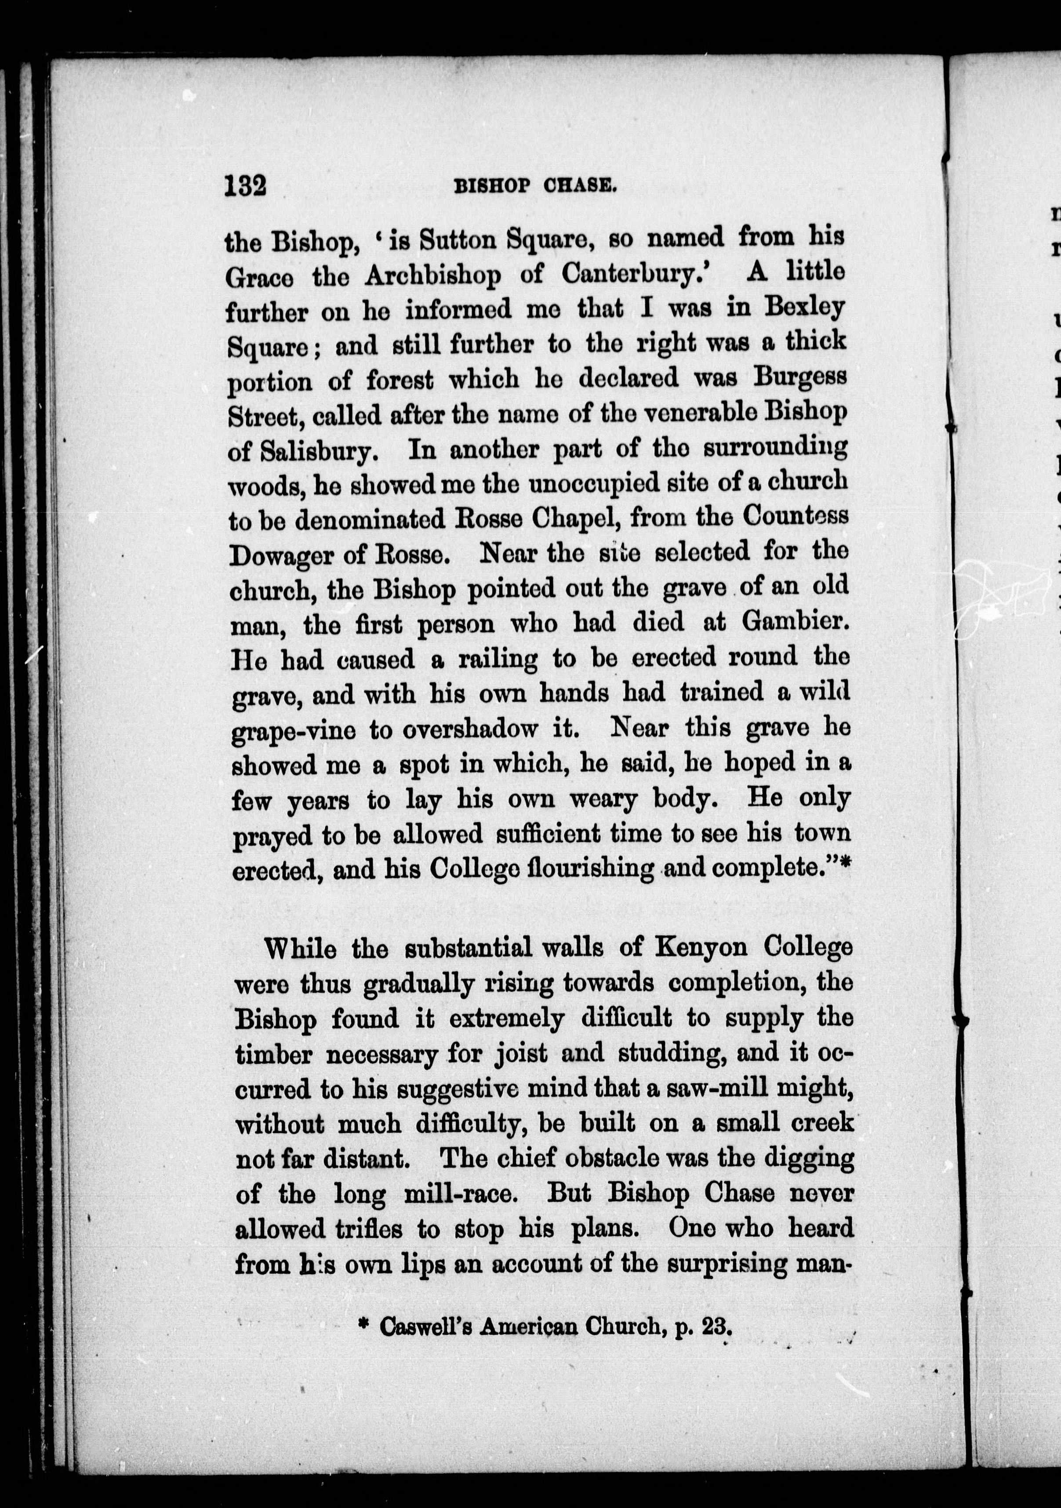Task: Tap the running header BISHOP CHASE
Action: click(535, 187)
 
